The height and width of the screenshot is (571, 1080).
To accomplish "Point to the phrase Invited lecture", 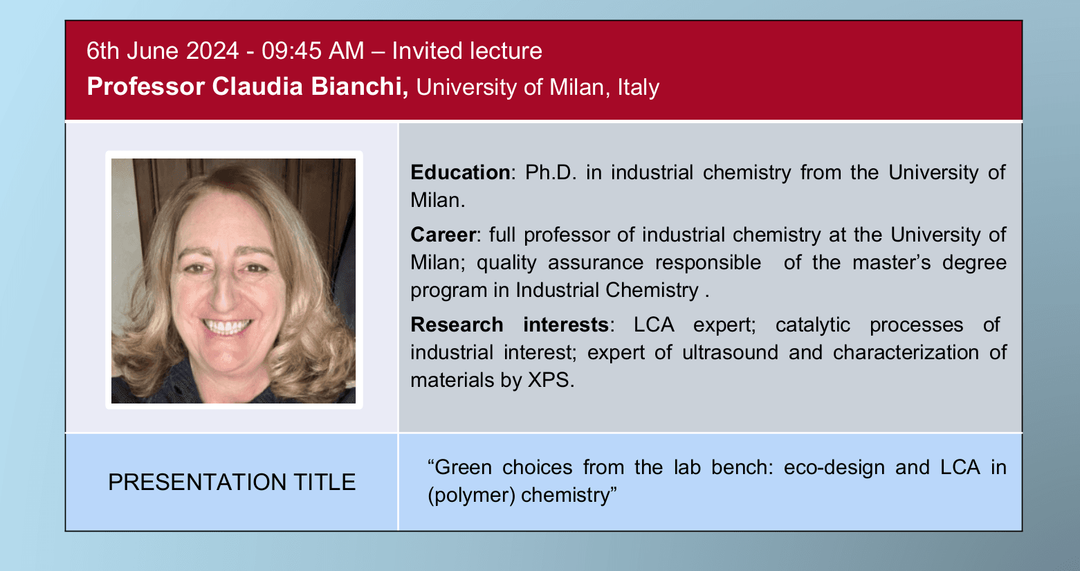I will click(467, 51).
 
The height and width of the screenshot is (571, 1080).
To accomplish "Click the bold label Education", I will click(460, 172).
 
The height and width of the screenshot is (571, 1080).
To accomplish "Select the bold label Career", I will click(443, 235).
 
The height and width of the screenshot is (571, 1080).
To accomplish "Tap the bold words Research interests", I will click(509, 325).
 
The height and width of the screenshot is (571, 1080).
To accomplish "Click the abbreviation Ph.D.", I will click(551, 172).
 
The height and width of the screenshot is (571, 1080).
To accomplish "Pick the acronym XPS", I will click(549, 380).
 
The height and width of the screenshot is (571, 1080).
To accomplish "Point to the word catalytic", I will click(812, 325).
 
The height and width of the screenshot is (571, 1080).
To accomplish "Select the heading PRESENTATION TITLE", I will click(232, 482).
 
